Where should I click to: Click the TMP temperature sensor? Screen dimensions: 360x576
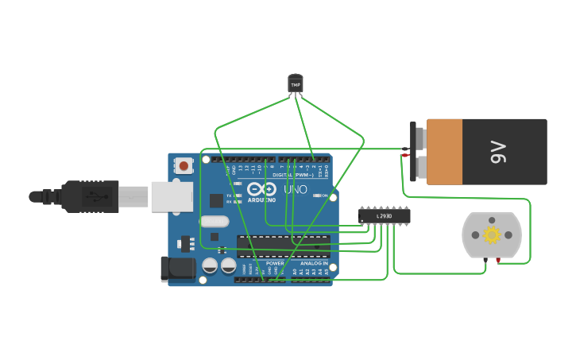[296, 83]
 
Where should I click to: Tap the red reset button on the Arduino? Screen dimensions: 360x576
[184, 166]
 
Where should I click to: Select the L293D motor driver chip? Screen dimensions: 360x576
[385, 215]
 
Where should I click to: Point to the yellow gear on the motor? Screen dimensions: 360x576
[491, 234]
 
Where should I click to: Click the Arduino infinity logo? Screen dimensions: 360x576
[261, 189]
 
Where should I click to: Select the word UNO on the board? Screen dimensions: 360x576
[296, 189]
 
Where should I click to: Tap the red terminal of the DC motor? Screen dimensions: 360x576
[498, 260]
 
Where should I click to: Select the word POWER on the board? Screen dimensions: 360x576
[275, 263]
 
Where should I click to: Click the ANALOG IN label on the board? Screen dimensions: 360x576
[313, 263]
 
